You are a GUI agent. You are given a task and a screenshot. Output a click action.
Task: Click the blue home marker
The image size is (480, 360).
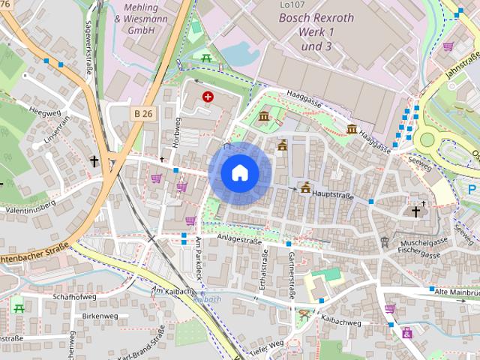pyautogui.click(x=240, y=173)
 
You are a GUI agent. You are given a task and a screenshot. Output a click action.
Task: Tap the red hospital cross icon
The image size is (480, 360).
pyautogui.click(x=207, y=97)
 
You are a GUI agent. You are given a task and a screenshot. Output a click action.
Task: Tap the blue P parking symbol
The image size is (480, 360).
pyautogui.click(x=472, y=188)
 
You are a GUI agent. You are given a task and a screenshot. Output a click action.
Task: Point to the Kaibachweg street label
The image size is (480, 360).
pyautogui.click(x=340, y=323)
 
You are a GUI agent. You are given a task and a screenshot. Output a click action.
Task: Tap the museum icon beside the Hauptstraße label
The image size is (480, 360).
pyautogui.click(x=304, y=187)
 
